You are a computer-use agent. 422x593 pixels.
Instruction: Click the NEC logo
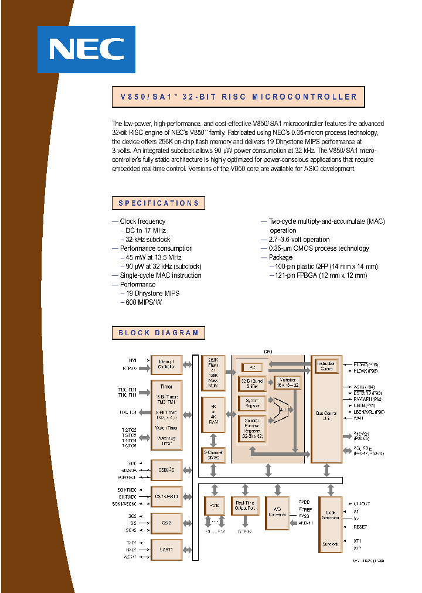tap(86, 49)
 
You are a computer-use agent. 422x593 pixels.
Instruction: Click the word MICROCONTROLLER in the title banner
tap(304, 97)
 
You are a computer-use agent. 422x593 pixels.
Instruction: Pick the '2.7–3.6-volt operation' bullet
tap(299, 239)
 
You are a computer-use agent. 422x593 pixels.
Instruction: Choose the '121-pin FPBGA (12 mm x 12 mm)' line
tap(315, 275)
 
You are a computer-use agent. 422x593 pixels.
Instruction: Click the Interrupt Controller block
tap(166, 364)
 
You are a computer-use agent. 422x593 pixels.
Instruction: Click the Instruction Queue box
tap(326, 366)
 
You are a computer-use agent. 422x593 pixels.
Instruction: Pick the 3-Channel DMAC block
tap(213, 455)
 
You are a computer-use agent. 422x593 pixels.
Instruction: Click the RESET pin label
tap(360, 527)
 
